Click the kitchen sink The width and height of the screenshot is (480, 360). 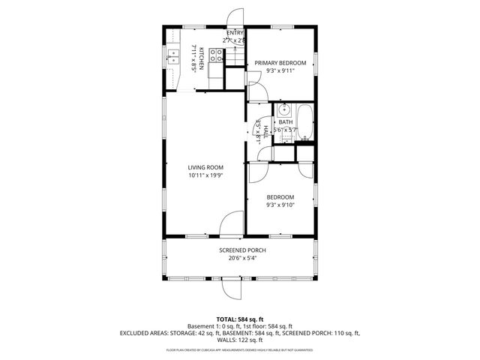click(173, 53)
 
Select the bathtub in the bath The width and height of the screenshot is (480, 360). click(305, 121)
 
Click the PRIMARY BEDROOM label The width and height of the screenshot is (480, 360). click(280, 63)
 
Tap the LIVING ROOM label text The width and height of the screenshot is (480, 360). click(205, 167)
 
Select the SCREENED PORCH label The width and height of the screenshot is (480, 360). click(242, 250)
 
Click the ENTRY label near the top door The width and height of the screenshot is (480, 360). click(234, 33)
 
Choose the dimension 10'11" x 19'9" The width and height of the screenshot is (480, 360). click(205, 175)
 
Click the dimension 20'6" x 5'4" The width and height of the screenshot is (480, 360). click(242, 258)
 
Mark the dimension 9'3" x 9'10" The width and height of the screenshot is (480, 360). click(281, 205)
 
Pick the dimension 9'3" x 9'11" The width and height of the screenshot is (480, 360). click(280, 71)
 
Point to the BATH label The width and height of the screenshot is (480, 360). click(286, 122)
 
